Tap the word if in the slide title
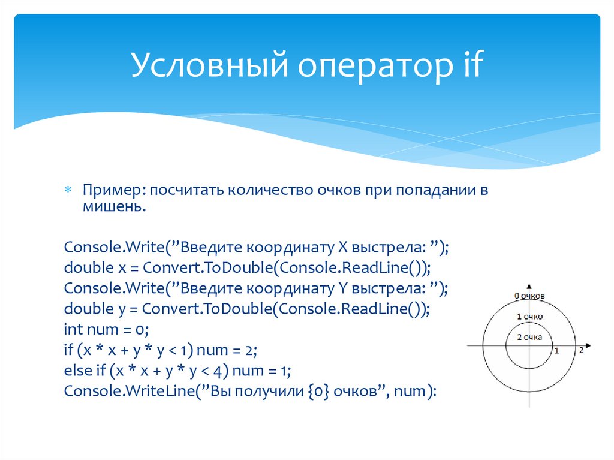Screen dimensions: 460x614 [469, 65]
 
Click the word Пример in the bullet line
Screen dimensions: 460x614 [113, 191]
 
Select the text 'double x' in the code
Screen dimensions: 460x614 [89, 267]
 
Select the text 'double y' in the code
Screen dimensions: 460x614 [89, 309]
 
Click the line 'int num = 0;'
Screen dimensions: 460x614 [106, 330]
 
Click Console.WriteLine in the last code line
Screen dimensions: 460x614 [113, 392]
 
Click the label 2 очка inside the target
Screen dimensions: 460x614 [529, 337]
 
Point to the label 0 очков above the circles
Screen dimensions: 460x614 [529, 296]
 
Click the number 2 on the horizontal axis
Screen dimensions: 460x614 [581, 351]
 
